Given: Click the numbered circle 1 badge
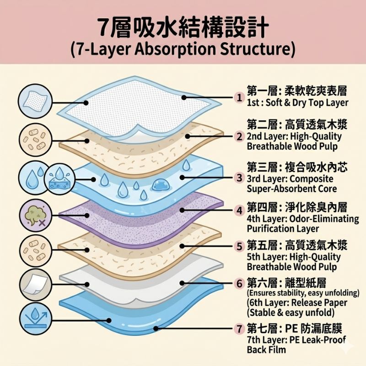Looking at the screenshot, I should point(239,97).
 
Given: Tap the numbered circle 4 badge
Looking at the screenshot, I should point(239,210).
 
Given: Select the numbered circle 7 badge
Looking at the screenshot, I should point(239,328).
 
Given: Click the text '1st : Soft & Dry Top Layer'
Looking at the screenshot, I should point(297,103).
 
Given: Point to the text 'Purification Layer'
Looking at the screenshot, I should point(283,228).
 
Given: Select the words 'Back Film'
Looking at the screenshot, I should point(266,350).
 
